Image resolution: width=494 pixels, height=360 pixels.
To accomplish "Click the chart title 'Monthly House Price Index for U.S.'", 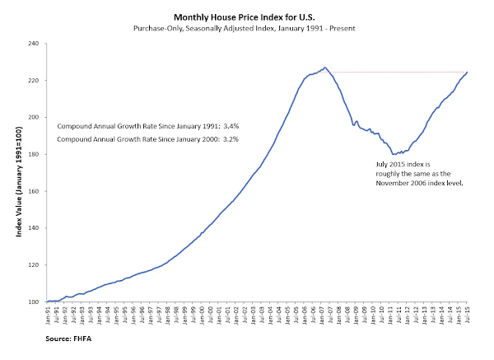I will click(247, 16).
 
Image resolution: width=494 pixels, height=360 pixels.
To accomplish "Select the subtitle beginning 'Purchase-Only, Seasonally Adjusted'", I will click(247, 29).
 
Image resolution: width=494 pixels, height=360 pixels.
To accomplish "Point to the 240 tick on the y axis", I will click(35, 43).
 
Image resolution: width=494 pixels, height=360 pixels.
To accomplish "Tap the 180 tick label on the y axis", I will click(35, 154).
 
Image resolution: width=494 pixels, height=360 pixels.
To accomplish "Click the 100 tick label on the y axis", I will click(35, 302).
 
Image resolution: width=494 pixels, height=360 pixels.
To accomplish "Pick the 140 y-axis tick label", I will click(35, 228).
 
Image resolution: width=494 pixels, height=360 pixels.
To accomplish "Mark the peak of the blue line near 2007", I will click(325, 68).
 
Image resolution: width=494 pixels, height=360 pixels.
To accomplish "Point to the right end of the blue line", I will click(468, 72).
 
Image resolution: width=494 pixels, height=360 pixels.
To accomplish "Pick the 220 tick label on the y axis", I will click(35, 80).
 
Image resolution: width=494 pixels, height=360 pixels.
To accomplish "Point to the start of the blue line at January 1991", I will click(48, 302).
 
